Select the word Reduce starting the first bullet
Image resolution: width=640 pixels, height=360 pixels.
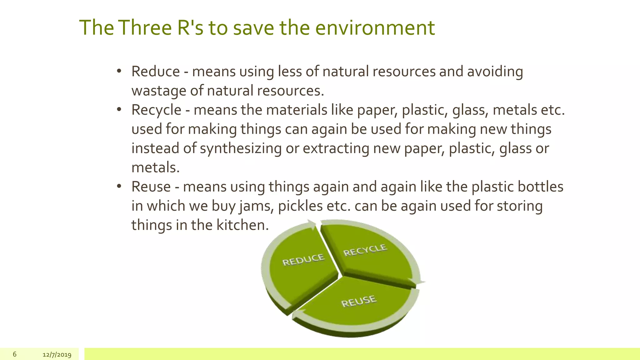click(x=156, y=71)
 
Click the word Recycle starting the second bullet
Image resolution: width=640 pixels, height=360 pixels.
click(x=156, y=110)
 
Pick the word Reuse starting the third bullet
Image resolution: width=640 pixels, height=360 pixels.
click(x=151, y=187)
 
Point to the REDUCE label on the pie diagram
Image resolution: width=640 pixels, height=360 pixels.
click(x=303, y=260)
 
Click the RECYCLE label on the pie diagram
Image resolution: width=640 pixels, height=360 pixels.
click(x=365, y=250)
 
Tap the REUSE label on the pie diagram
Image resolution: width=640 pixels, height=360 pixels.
click(x=359, y=301)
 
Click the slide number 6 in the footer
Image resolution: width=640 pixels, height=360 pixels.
click(x=15, y=354)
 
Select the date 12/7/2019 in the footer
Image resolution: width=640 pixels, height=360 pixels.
click(x=57, y=355)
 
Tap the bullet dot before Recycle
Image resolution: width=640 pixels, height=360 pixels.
click(x=119, y=110)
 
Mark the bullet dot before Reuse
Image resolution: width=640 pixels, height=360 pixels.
click(x=119, y=187)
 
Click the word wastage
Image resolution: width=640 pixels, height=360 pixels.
click(x=159, y=91)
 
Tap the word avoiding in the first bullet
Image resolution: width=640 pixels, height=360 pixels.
click(x=495, y=72)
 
